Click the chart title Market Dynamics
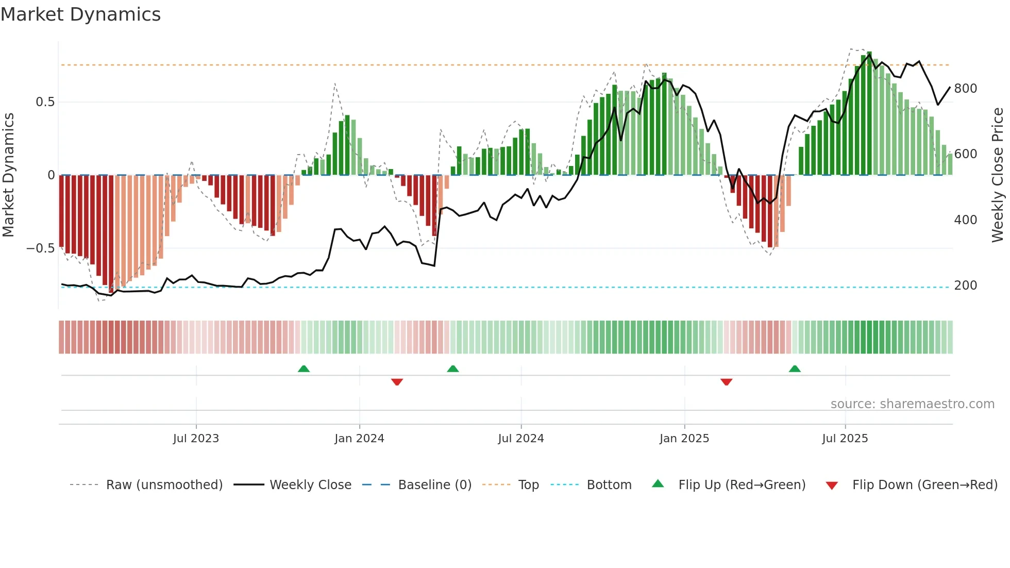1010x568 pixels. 81,14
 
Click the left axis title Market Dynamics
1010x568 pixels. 9,175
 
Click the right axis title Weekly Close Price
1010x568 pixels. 998,175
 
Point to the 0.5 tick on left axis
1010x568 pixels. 45,102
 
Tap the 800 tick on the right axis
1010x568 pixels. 965,89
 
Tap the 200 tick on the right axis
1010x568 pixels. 965,286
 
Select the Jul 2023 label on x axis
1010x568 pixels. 196,439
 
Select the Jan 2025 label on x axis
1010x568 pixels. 684,439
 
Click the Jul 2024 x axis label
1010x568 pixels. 521,439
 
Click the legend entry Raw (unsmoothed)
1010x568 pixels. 164,485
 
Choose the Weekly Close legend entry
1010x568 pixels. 310,485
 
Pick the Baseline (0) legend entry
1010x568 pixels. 434,485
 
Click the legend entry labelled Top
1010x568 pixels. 528,485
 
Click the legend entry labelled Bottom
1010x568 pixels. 609,485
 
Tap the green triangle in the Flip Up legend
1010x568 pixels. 658,483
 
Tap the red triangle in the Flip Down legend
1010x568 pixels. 832,486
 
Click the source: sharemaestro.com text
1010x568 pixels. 912,404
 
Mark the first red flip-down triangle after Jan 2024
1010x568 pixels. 397,382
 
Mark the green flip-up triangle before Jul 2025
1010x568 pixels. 795,369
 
